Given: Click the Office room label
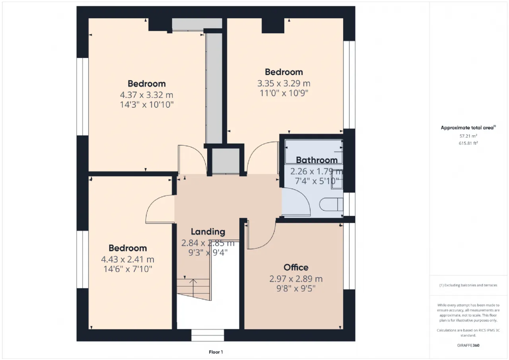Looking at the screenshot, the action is click(x=296, y=267).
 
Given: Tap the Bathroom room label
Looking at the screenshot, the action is click(x=317, y=160).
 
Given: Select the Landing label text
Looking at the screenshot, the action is click(x=208, y=232).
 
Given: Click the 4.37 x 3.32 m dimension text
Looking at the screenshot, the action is click(x=147, y=95).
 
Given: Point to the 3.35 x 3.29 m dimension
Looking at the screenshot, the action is click(x=284, y=84).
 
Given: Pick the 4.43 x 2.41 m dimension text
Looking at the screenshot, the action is click(x=128, y=259).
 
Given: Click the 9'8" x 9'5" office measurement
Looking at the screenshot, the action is click(x=296, y=288).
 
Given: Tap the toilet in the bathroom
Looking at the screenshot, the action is click(x=331, y=204).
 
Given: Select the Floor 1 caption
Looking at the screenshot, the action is click(x=216, y=352).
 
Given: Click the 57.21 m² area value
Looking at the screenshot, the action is click(x=468, y=136).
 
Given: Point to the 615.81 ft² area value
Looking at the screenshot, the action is click(x=468, y=143).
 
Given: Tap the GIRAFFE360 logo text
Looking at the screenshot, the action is click(x=468, y=345).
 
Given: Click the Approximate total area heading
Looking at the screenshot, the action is click(x=468, y=128).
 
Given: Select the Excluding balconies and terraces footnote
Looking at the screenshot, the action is click(x=468, y=285).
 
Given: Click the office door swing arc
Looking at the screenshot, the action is click(x=271, y=241).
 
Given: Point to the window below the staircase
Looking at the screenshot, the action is click(x=208, y=335).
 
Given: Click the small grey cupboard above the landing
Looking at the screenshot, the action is click(x=225, y=161).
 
